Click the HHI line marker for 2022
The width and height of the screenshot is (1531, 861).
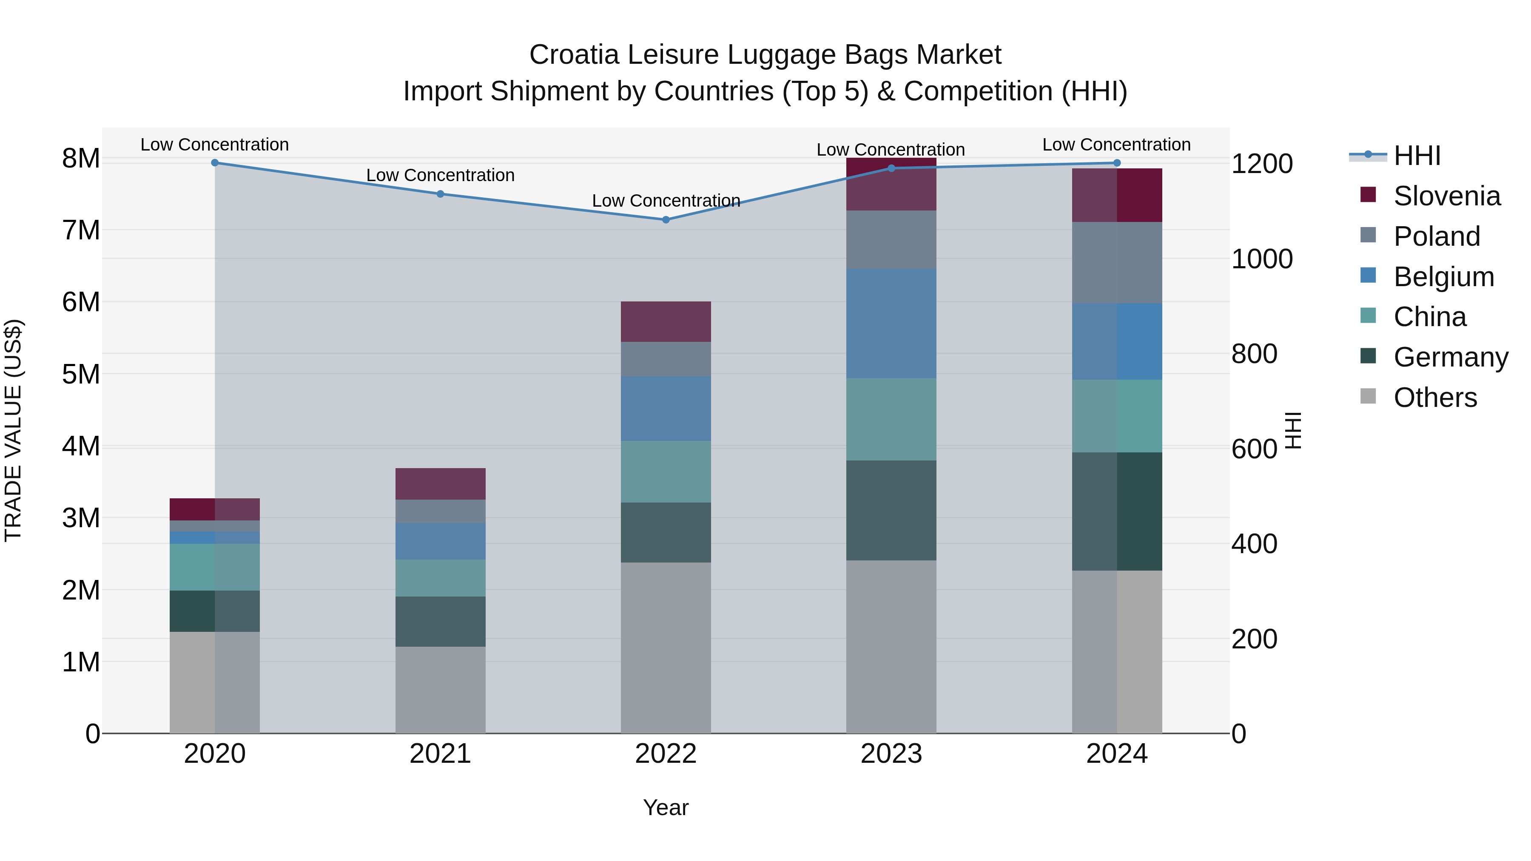click(666, 220)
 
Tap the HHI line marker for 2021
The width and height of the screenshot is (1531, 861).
click(441, 194)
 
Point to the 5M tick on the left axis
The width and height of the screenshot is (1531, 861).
click(81, 374)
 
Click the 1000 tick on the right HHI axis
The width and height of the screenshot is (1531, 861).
click(1262, 259)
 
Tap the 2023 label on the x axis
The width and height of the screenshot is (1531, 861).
click(891, 754)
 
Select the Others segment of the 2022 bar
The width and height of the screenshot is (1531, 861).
click(666, 648)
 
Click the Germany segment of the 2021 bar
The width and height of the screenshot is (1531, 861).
click(441, 622)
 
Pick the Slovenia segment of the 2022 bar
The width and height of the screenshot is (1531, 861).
click(666, 321)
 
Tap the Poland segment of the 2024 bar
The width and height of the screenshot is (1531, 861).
click(1117, 263)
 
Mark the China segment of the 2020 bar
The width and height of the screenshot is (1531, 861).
click(215, 567)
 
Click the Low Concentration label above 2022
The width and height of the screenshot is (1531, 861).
click(666, 201)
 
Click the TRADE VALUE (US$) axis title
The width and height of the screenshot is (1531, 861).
click(13, 430)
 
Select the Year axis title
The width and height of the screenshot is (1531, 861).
click(666, 807)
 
